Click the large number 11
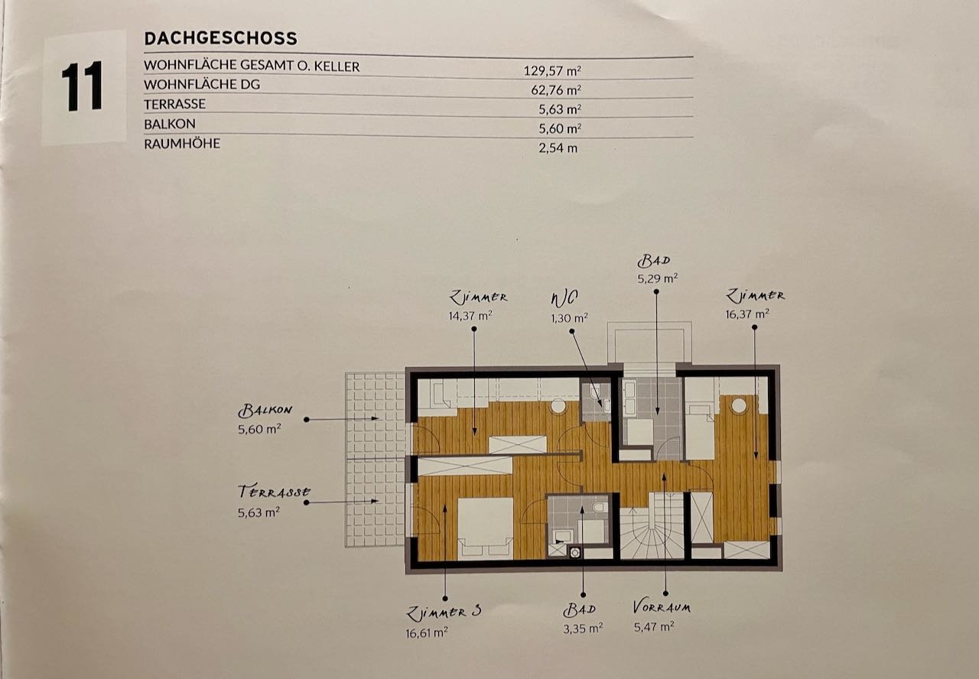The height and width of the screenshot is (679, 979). tap(82, 86)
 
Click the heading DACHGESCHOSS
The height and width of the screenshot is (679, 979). tap(221, 38)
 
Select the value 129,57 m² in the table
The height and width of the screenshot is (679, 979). tap(552, 70)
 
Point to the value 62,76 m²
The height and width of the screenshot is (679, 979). tap(556, 90)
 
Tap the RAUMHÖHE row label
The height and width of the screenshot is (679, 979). tap(182, 143)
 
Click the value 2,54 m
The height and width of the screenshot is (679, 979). tap(558, 148)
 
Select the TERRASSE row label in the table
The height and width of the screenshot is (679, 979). tap(174, 104)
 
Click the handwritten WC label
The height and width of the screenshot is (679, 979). tap(564, 298)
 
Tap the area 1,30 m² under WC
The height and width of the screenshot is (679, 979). tap(569, 317)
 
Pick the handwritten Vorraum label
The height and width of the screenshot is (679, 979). tap(662, 607)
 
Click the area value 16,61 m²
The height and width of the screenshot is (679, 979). tap(427, 632)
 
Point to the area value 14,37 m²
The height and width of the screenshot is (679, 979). tap(470, 316)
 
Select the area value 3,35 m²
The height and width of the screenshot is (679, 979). tap(583, 629)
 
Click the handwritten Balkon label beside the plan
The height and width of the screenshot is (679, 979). tap(265, 410)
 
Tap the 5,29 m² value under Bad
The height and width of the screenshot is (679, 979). tap(657, 278)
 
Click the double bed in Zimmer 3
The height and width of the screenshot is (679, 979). tap(485, 528)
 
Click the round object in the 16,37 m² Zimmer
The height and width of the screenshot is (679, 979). tap(739, 405)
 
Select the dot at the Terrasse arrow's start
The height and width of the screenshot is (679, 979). tap(307, 502)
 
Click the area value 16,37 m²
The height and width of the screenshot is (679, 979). tap(747, 314)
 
